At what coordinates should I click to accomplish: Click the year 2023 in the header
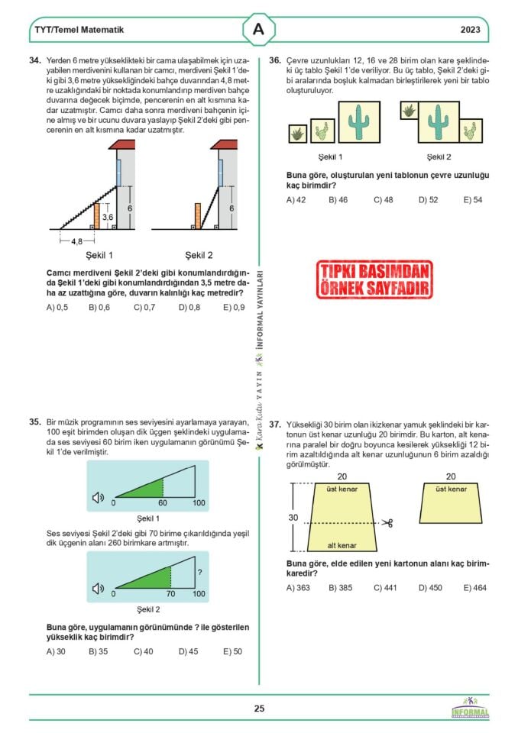coord(471,31)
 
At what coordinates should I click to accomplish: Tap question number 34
coord(34,60)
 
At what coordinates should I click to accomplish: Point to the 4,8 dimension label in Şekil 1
coord(76,241)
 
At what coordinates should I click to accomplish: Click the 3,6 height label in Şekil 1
coord(108,217)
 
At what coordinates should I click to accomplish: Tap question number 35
coord(34,421)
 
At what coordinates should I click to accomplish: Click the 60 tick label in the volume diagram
coord(163,502)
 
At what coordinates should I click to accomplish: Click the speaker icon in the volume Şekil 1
coord(98,499)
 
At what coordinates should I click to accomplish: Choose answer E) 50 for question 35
coord(232,651)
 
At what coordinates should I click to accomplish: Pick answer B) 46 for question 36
coord(338,199)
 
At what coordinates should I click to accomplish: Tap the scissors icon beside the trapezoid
coord(387,523)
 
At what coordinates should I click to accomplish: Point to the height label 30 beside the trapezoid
coord(293,517)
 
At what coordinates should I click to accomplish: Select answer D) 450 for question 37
coord(429,587)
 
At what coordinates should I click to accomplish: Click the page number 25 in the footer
coord(259,709)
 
